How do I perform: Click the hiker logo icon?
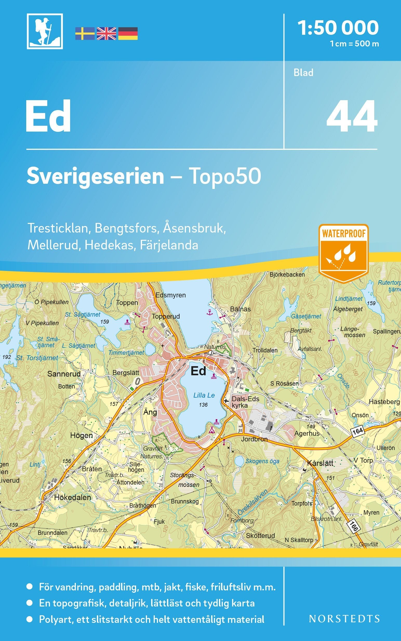tap(45, 32)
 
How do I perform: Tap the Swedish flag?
tap(85, 34)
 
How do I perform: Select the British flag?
tap(106, 34)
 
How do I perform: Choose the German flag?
tap(128, 34)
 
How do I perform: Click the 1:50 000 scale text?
tap(338, 28)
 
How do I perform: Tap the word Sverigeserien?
tap(95, 177)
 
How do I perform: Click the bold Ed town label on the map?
tap(198, 371)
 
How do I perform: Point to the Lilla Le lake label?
tap(204, 395)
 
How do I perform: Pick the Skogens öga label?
tap(262, 461)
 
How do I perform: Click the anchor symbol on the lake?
tap(210, 312)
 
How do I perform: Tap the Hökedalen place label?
tap(72, 497)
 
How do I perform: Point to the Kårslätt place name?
tap(320, 463)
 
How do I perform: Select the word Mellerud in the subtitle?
tap(53, 245)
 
